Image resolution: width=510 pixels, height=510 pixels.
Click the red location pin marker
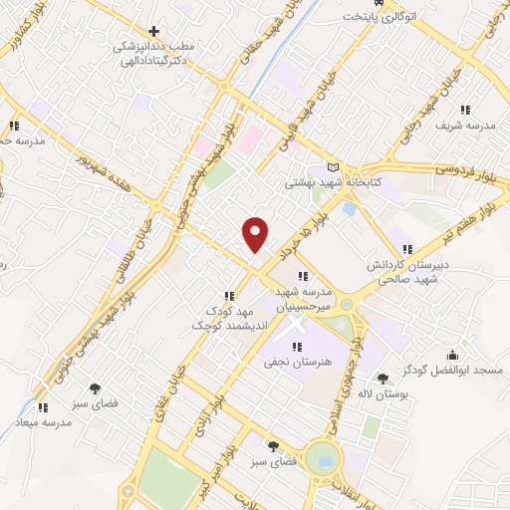pos(256,233)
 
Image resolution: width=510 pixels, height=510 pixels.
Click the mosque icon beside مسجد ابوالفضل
pos(452,355)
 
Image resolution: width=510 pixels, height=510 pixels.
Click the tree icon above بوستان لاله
pos(382,378)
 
